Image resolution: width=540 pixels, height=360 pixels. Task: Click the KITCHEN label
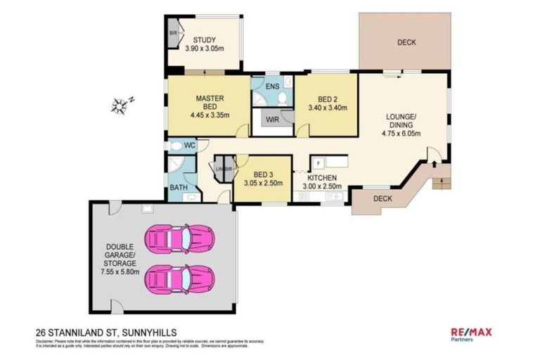[x=321, y=178]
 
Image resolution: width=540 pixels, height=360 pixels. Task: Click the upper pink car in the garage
[x=177, y=238]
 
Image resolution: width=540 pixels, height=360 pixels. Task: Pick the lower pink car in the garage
[x=177, y=278]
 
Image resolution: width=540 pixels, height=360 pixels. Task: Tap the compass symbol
[x=120, y=106]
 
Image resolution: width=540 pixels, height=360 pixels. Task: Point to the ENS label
[x=273, y=86]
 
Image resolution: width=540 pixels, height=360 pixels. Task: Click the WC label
[x=189, y=145]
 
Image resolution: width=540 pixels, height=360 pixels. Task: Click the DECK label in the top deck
[x=406, y=42]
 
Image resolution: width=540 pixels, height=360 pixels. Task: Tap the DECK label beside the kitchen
[x=382, y=198]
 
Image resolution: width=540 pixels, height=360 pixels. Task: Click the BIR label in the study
[x=173, y=33]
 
